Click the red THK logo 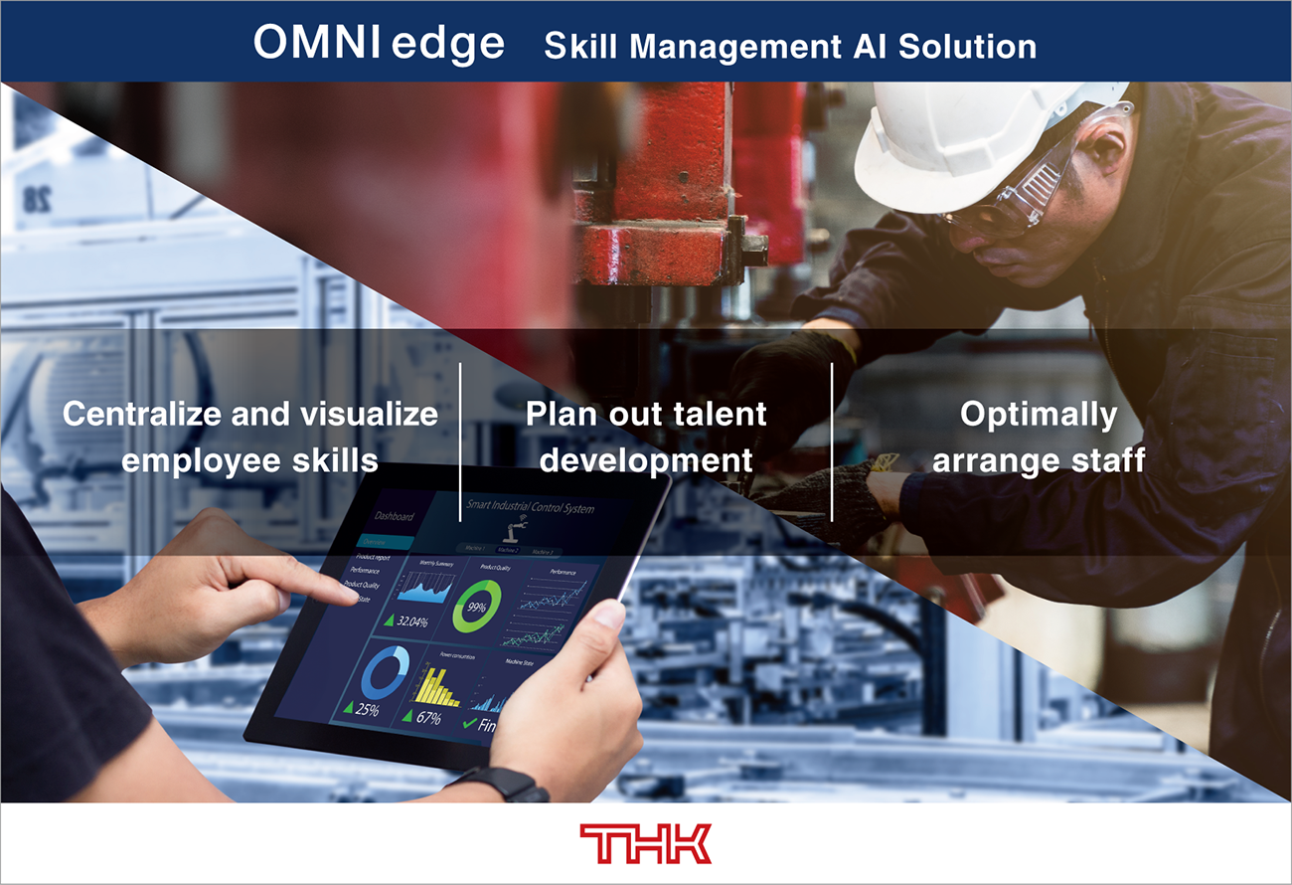(646, 843)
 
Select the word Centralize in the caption (141, 414)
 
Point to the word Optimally (1038, 415)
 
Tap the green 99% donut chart (476, 607)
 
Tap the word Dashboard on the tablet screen (394, 516)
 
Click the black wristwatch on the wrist (510, 785)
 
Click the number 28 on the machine (37, 198)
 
